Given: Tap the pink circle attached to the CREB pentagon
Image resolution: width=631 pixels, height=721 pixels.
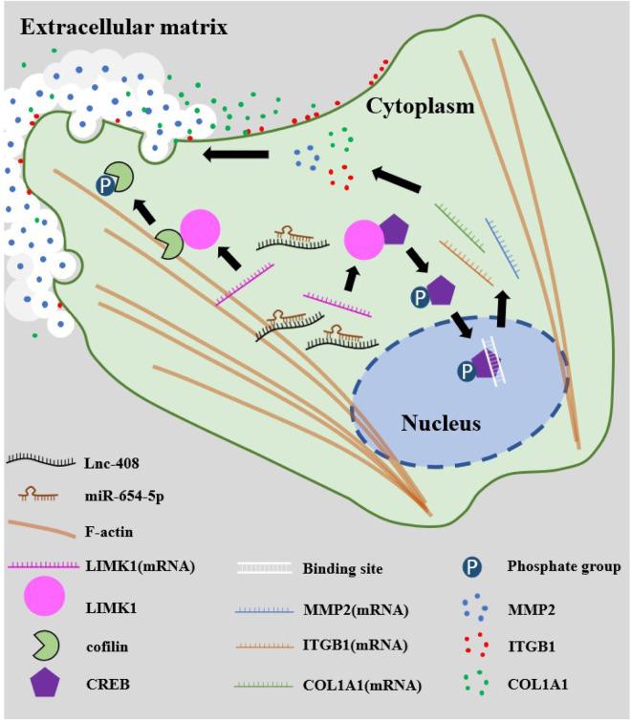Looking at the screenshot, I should click(x=364, y=239).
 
